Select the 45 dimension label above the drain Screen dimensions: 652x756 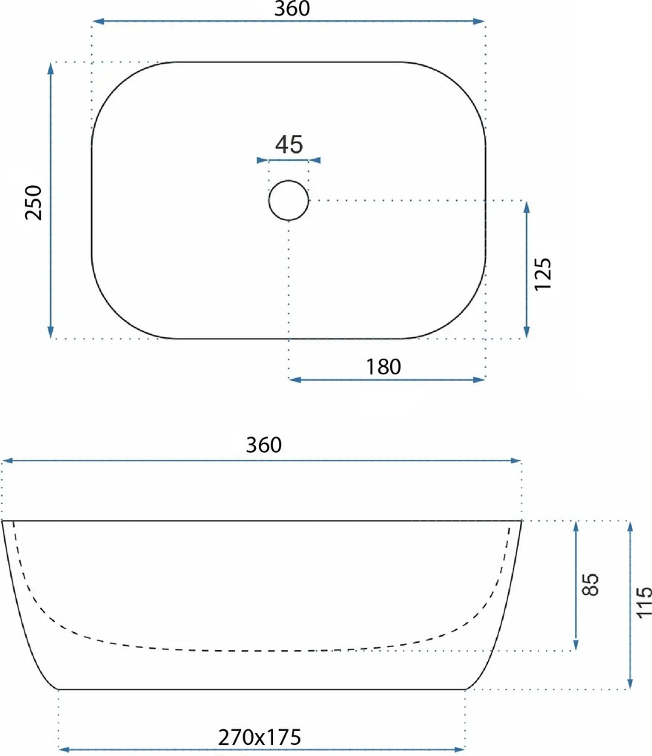[x=289, y=145]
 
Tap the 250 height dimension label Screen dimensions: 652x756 [x=34, y=202]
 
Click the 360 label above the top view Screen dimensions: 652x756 [x=292, y=9]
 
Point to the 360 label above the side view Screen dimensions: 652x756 [x=264, y=445]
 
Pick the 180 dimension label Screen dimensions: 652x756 [x=383, y=367]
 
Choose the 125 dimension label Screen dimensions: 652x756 [x=542, y=273]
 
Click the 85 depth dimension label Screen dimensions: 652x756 [x=590, y=584]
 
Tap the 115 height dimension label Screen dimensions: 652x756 [x=643, y=603]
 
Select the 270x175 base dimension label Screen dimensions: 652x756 [x=260, y=737]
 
